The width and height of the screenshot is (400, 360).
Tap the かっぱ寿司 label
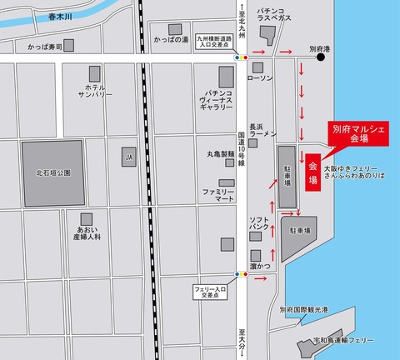click(x=47, y=48)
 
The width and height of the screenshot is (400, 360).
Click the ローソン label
click(x=261, y=77)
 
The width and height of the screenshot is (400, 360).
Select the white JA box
click(x=128, y=156)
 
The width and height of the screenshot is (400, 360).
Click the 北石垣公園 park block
click(x=53, y=173)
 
